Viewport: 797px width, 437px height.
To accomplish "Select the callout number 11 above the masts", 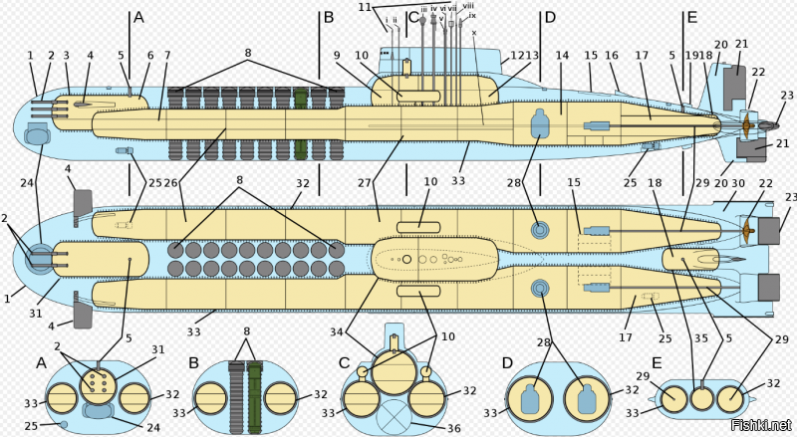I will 365,6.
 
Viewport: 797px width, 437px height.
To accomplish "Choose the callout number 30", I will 739,182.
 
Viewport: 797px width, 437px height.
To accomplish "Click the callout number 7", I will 167,56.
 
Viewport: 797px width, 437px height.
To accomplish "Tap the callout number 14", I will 562,56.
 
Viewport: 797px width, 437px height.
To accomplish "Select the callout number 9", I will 337,56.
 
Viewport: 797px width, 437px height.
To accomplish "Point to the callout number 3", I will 67,56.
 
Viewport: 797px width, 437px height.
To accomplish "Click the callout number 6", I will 151,56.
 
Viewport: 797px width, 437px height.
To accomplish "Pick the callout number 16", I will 614,56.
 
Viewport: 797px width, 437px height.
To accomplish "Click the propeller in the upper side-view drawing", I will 743,123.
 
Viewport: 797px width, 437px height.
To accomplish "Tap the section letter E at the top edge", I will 691,17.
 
